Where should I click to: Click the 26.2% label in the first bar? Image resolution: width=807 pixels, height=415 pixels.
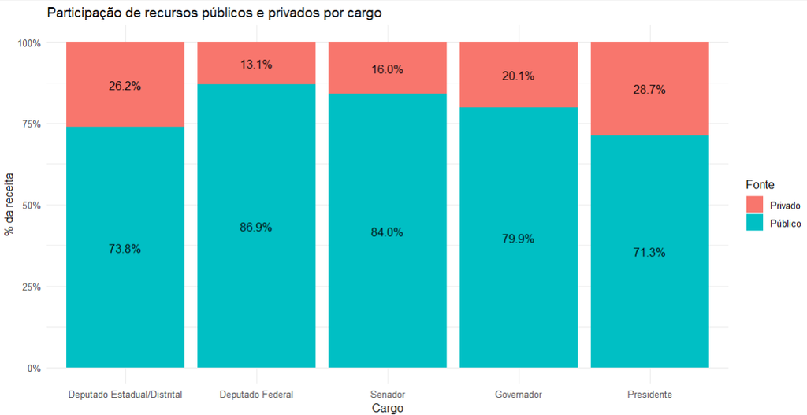pos(125,86)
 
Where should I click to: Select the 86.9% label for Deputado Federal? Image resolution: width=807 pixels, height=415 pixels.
pos(256,228)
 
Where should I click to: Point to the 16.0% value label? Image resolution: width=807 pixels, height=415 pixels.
pos(387,69)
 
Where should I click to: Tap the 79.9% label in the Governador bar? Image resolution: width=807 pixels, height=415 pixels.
pos(519,239)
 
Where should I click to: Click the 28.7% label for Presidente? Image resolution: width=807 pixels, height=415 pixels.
pos(649,90)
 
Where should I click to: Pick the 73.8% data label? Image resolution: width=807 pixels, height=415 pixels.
pos(125,249)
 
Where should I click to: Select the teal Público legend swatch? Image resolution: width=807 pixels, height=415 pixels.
pos(754,223)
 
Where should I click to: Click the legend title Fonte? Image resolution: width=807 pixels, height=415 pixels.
pos(760,184)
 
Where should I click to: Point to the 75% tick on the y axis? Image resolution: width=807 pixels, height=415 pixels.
pos(32,124)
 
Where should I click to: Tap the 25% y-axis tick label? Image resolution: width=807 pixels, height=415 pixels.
pos(32,287)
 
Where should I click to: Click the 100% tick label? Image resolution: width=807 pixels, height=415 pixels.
pos(30,43)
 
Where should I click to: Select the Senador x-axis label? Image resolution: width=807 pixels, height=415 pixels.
pos(388,395)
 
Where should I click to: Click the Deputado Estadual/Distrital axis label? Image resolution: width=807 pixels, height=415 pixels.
pos(125,395)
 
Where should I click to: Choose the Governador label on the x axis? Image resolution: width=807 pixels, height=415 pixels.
pos(519,395)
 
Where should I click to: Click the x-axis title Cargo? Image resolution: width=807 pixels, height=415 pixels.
pos(387,409)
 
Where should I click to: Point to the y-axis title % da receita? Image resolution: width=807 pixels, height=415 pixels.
pos(9,205)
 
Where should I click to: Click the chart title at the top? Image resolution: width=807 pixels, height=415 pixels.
pos(214,13)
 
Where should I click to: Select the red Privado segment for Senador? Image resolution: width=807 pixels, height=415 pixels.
pos(388,68)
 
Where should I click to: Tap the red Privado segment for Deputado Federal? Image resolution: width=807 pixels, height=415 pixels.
pos(256,63)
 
